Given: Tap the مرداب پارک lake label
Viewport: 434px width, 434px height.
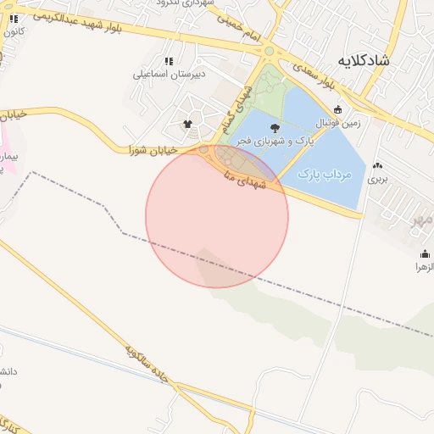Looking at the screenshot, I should [324, 174].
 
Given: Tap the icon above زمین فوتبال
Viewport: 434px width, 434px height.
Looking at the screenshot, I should [338, 109].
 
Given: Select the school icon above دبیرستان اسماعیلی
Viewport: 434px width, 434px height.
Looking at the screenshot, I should [169, 61].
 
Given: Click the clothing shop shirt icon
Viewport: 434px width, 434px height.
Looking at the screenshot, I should [187, 125].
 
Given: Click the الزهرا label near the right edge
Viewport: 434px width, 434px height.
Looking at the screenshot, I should [423, 267].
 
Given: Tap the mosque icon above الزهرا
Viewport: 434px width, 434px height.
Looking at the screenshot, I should [425, 253].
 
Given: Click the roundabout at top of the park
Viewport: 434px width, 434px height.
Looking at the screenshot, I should [270, 51].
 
